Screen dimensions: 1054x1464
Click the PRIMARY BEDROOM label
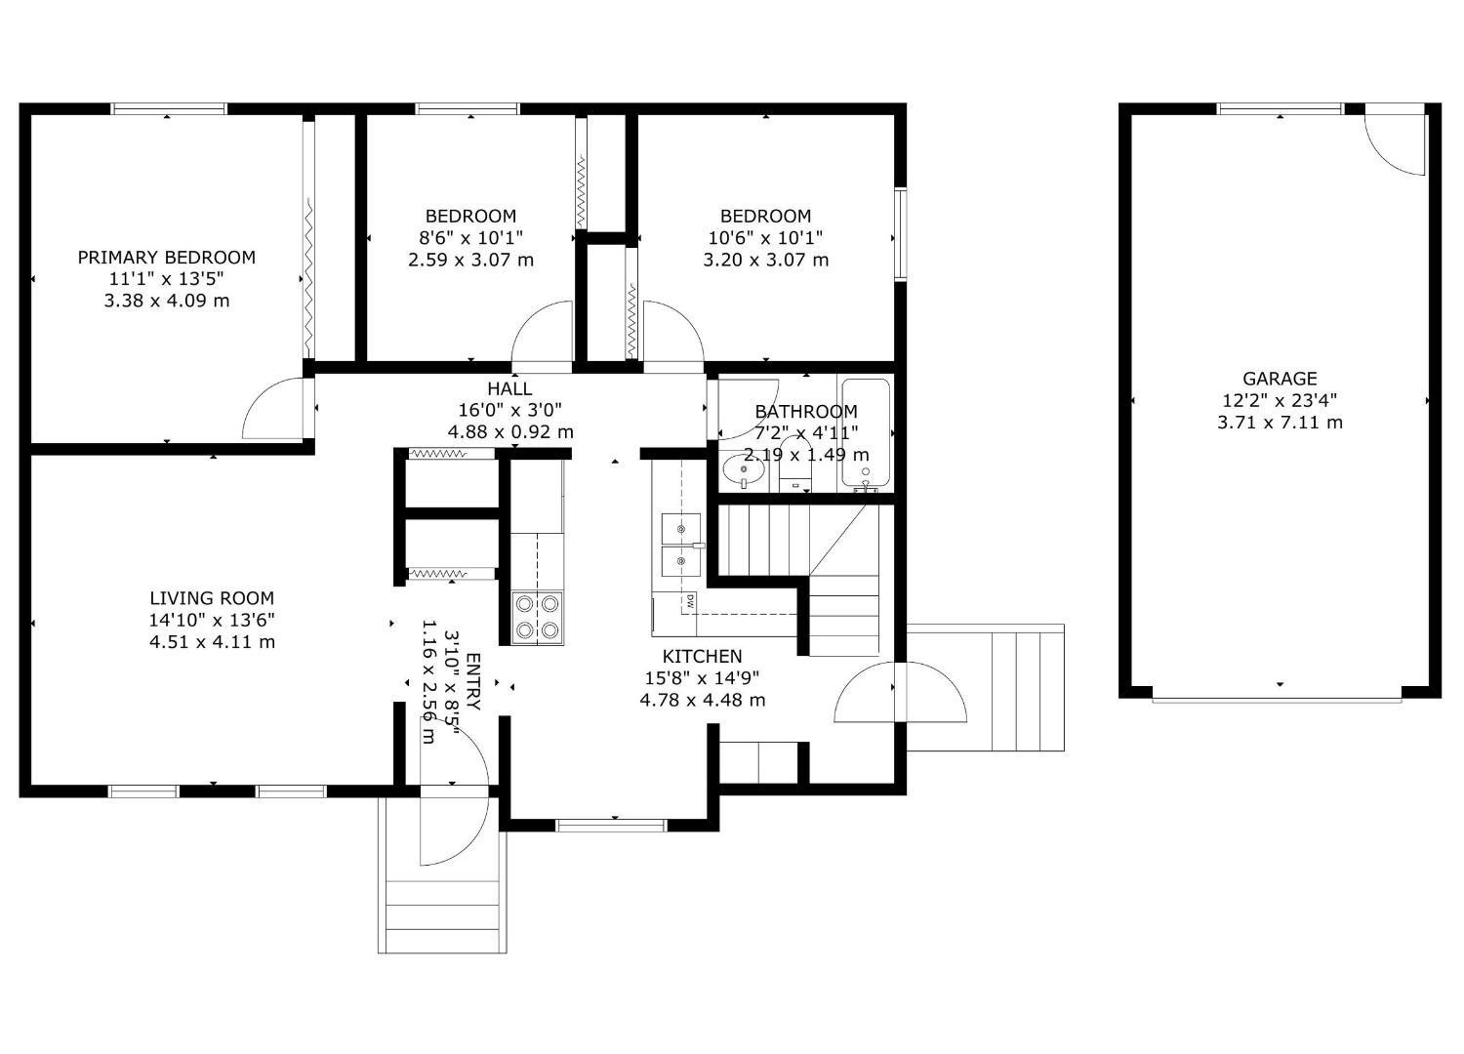tap(166, 258)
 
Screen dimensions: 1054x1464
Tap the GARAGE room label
tap(1279, 379)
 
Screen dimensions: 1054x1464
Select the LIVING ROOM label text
tap(212, 598)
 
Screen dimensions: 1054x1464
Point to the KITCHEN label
tap(702, 657)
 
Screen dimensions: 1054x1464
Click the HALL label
tap(509, 389)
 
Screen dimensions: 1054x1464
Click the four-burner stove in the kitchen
tap(538, 618)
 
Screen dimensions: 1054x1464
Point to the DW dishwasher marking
tap(689, 601)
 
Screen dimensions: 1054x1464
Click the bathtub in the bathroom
tap(866, 432)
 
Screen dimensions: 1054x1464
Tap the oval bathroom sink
tap(745, 472)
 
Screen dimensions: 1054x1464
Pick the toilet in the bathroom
tap(796, 468)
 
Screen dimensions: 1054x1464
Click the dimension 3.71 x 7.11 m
tap(1279, 423)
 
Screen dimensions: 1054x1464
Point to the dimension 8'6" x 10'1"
tap(470, 238)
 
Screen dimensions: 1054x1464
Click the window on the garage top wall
tap(1280, 108)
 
